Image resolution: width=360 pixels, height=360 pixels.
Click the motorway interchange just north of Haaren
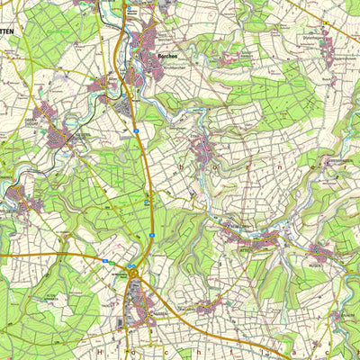pos(132,266)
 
